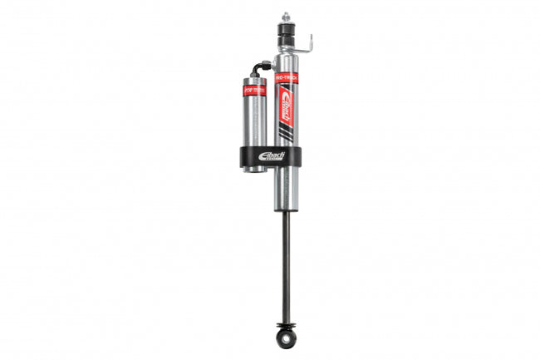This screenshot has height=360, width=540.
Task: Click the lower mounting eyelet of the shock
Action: coord(286,337)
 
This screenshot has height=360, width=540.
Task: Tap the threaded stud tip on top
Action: coord(286,16)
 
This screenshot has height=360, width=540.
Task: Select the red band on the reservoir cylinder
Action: coord(253,89)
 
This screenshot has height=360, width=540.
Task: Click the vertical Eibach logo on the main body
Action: coord(285,106)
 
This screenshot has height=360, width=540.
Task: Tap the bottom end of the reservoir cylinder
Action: coord(254,170)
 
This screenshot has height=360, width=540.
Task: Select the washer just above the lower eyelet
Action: coord(286,323)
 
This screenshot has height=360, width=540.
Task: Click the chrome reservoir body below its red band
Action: coord(254,121)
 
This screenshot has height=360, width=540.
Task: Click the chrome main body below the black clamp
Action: coord(285,187)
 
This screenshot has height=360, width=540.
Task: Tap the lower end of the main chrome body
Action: coord(285,207)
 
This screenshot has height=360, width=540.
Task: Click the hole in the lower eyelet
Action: coord(286,338)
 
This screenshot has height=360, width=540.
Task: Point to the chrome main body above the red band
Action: coord(285,62)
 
